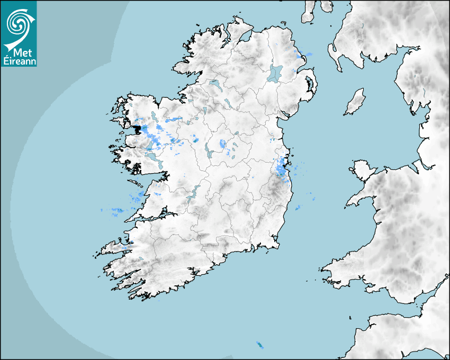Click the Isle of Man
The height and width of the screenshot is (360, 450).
pyautogui.click(x=355, y=102)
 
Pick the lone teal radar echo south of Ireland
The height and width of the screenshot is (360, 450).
pyautogui.click(x=260, y=345)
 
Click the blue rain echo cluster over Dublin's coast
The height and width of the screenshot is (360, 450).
pyautogui.click(x=281, y=167)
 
